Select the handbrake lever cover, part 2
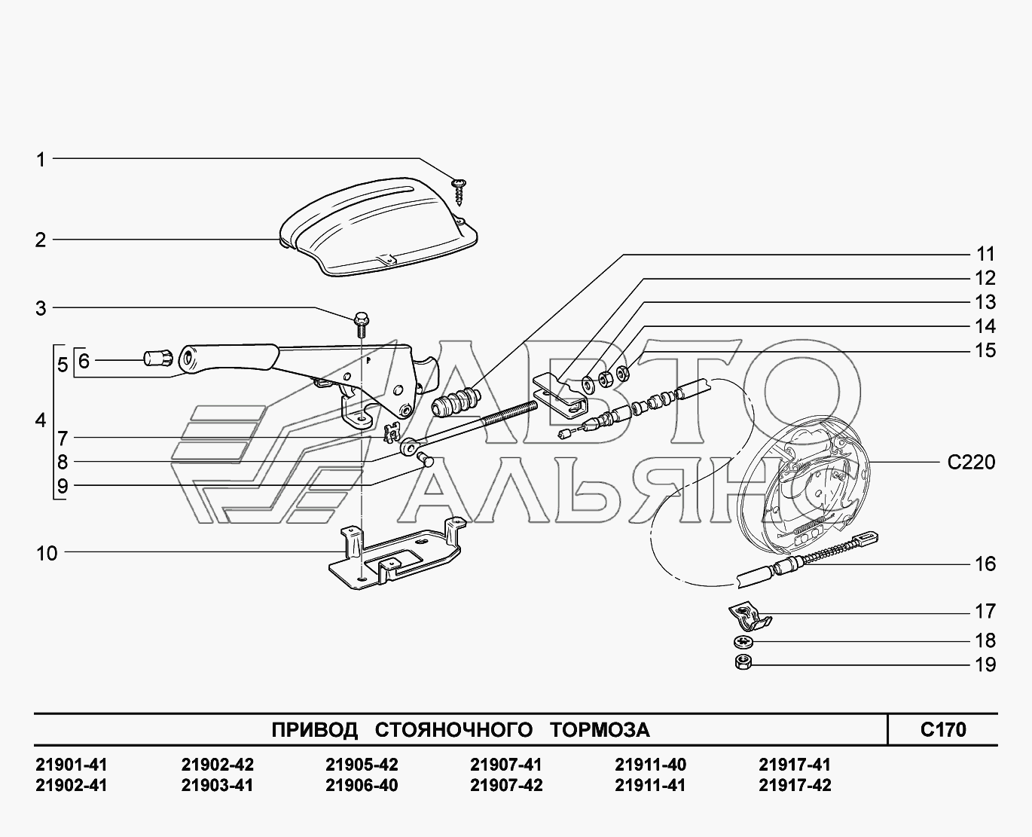click(x=379, y=227)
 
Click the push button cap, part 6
click(x=158, y=359)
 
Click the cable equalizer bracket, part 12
click(x=560, y=396)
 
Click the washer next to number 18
click(x=743, y=643)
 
